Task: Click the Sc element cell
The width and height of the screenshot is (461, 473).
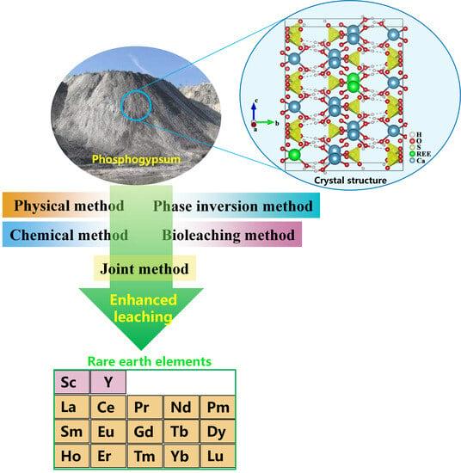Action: (x=71, y=382)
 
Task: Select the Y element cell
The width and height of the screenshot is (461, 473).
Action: (x=108, y=382)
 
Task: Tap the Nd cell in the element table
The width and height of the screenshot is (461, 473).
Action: (x=181, y=407)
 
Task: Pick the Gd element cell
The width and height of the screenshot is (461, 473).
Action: (x=144, y=432)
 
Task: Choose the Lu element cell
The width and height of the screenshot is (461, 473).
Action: (x=218, y=456)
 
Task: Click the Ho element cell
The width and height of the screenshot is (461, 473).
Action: (x=71, y=456)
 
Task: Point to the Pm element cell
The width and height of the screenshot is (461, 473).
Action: (x=218, y=407)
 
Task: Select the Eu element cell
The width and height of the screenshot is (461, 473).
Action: (x=108, y=432)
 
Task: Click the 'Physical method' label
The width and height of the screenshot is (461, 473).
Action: (x=69, y=206)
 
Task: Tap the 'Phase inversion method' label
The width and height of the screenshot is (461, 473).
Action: (x=233, y=206)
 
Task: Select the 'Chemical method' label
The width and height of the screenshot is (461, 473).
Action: (x=69, y=235)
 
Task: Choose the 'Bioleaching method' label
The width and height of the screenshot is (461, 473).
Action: (x=229, y=235)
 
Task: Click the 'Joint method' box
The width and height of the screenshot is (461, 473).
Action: (x=144, y=268)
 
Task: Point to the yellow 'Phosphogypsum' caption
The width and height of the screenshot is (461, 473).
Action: (x=136, y=159)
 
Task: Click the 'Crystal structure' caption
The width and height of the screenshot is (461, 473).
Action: (x=350, y=181)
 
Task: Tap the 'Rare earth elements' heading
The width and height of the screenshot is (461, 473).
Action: (x=150, y=361)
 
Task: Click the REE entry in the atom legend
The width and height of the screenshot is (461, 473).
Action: (x=421, y=154)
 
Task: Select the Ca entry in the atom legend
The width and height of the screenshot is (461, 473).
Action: (x=417, y=161)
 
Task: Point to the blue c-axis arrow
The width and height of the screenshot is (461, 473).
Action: (x=254, y=112)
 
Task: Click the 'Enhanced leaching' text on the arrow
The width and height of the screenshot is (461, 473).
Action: (x=143, y=309)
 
